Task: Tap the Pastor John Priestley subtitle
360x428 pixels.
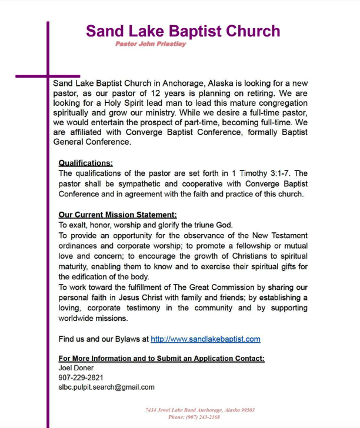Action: click(x=151, y=44)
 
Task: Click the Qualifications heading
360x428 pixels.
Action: click(x=85, y=163)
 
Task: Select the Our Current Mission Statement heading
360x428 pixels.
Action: click(x=117, y=215)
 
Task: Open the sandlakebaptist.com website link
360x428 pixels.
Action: click(x=205, y=339)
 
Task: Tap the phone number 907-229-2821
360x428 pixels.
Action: click(x=81, y=377)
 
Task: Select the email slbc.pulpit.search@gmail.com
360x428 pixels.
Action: click(x=106, y=387)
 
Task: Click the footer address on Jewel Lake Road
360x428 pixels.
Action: click(x=199, y=410)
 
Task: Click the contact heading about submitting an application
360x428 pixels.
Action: click(x=161, y=358)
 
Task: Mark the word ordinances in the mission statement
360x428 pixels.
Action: click(x=79, y=246)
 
